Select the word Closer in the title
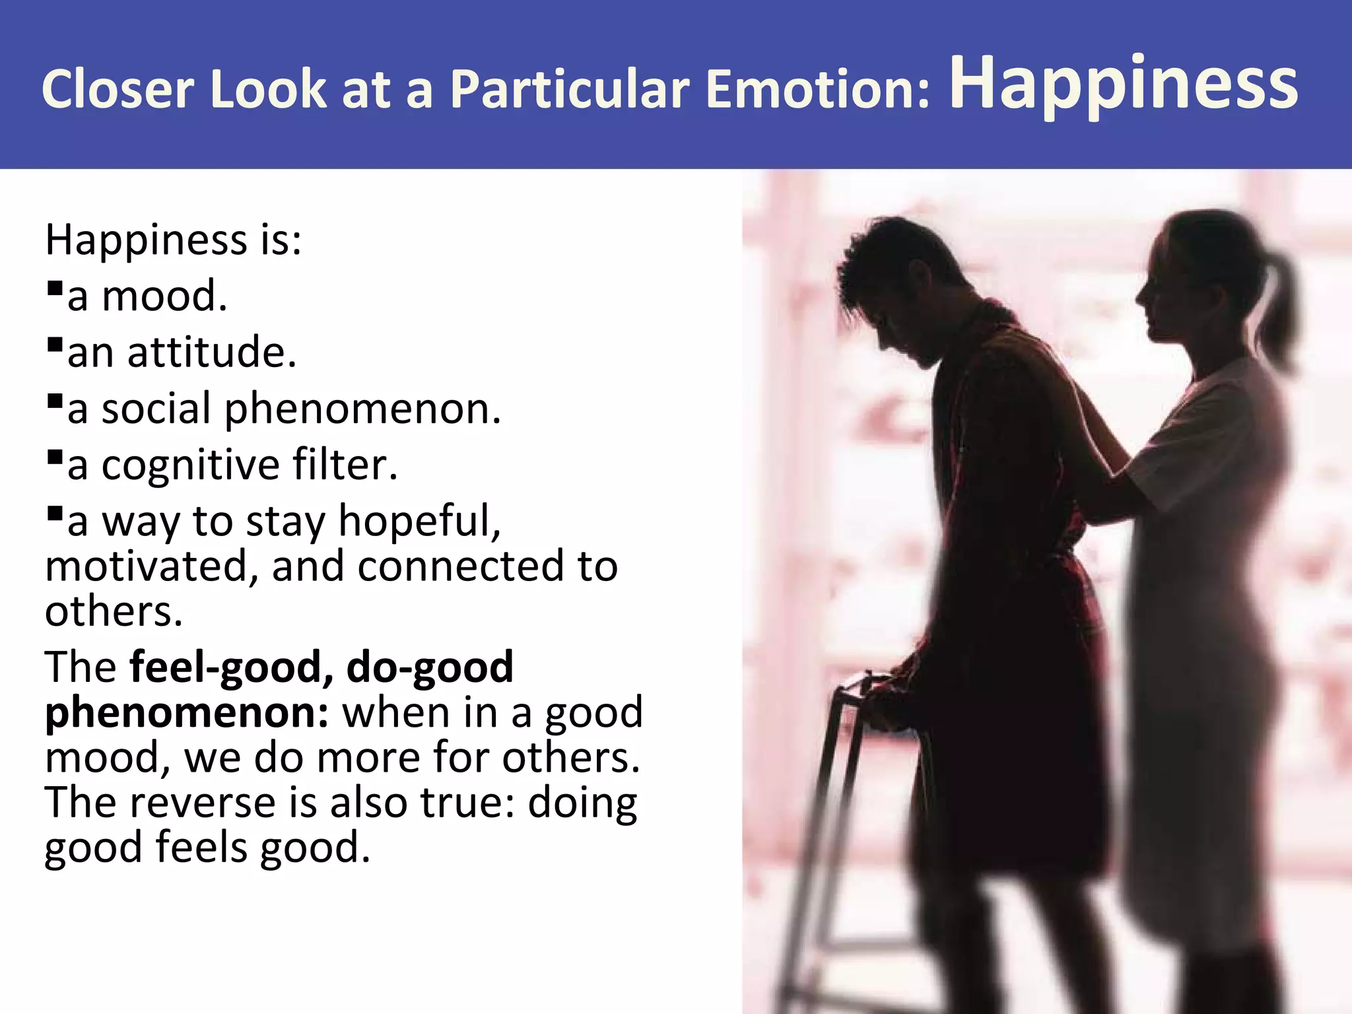point(118,89)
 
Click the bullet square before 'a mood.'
point(55,288)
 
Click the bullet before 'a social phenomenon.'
point(55,401)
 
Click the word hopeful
point(420,522)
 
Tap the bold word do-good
point(430,667)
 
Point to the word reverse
point(202,803)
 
